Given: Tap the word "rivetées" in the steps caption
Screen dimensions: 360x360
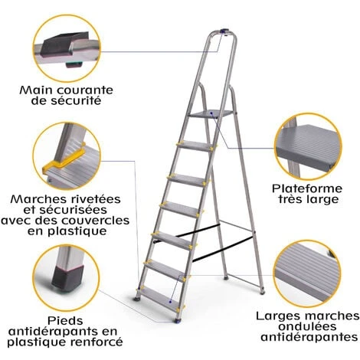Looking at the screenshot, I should pos(89,199).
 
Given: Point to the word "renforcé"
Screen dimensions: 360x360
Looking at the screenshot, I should pos(99,342).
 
